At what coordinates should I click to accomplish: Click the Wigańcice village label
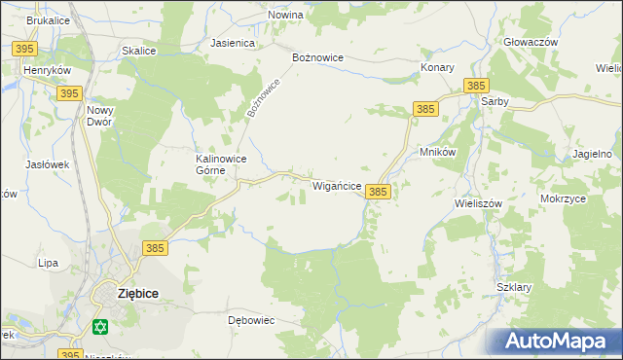click(338, 185)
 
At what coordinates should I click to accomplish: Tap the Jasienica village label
click(233, 44)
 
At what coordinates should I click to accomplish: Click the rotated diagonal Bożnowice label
click(263, 98)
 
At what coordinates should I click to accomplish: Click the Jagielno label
click(592, 154)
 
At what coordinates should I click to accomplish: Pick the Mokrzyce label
click(563, 198)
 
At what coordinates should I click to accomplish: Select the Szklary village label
click(513, 288)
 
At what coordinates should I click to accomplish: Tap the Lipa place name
click(48, 263)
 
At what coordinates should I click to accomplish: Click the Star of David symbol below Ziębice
click(99, 328)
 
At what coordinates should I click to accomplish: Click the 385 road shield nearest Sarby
click(476, 86)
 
